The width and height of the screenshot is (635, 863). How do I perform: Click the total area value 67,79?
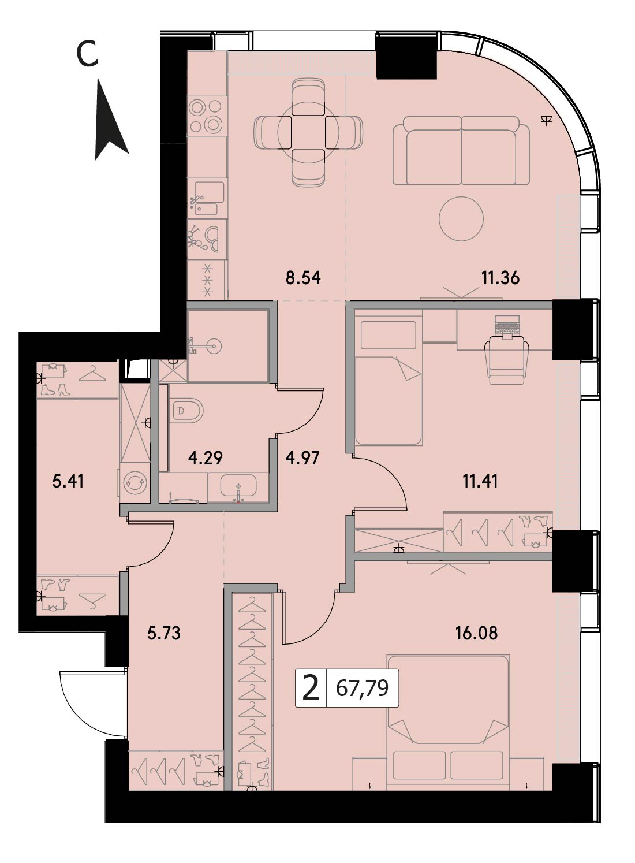[362, 688]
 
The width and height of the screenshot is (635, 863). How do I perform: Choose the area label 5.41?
[68, 482]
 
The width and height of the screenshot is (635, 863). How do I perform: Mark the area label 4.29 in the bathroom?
[206, 458]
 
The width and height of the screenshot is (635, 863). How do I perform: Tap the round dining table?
[308, 132]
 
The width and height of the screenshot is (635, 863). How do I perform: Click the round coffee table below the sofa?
[461, 220]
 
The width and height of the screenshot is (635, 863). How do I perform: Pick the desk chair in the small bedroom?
[507, 359]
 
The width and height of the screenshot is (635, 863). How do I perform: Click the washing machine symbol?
[135, 483]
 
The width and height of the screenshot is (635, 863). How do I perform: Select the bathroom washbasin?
[238, 486]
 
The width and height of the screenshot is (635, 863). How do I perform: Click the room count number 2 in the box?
[311, 689]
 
